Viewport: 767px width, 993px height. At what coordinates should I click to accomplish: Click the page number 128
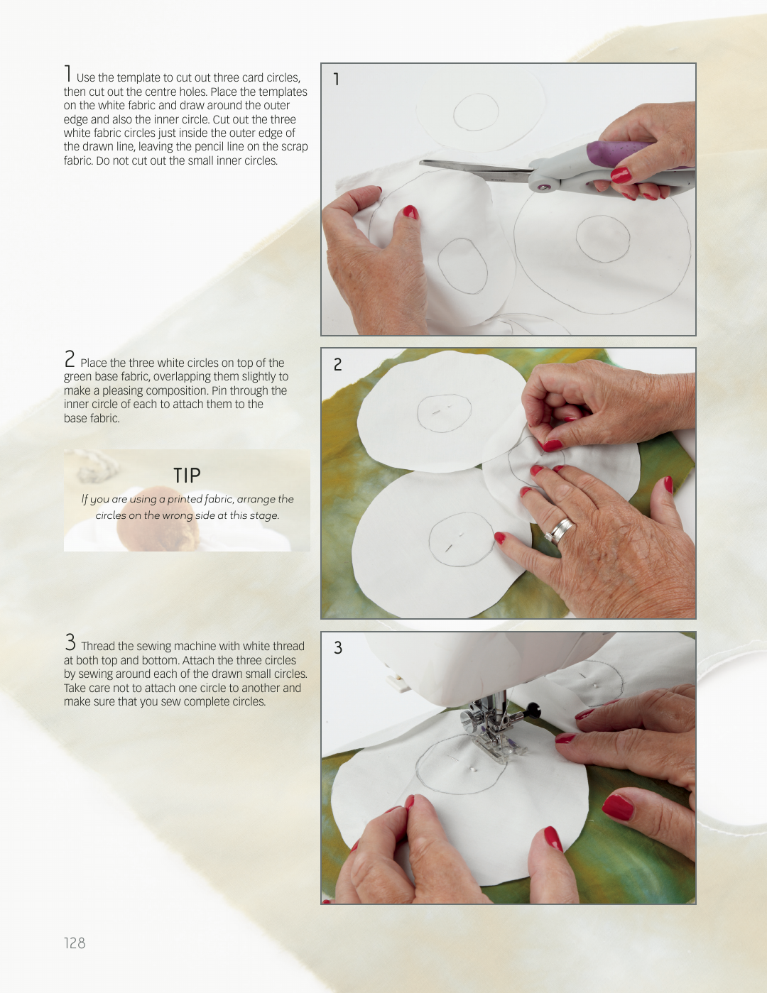coord(75,943)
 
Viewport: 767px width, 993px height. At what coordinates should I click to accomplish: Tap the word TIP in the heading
coord(187,476)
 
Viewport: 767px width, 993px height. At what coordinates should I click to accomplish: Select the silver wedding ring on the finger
coord(560,530)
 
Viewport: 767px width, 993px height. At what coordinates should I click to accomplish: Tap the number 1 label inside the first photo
coord(337,79)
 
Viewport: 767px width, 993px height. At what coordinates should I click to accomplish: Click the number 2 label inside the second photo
coord(338,365)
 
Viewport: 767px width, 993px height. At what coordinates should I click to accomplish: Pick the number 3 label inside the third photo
coord(338,648)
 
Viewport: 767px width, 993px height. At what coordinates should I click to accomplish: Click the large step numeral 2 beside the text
coord(70,359)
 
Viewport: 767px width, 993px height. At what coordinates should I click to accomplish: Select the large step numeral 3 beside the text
coord(70,642)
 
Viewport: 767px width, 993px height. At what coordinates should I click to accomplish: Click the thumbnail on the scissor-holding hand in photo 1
coord(621,175)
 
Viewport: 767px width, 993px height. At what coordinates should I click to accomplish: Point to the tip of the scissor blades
coord(420,162)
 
